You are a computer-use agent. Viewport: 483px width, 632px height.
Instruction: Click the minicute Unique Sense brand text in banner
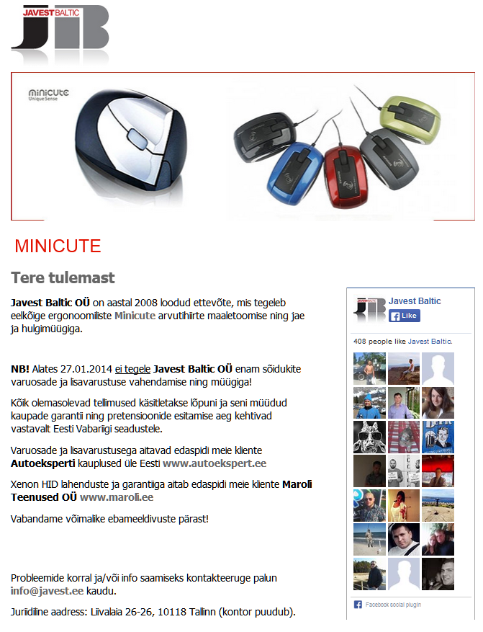pos(48,95)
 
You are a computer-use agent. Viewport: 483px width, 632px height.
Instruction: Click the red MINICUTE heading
pos(58,246)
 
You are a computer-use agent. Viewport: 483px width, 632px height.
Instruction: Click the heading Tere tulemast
pos(63,277)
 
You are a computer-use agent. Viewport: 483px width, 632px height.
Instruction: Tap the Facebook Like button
pos(405,316)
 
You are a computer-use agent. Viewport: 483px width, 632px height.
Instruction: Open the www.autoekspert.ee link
pos(215,463)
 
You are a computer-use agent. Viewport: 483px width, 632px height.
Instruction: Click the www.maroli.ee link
pos(106,497)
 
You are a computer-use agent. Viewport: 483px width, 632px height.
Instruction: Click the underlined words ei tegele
pos(132,369)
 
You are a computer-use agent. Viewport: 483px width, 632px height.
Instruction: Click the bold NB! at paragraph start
pos(20,369)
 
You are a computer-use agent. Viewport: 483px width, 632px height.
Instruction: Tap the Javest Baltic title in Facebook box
pos(415,301)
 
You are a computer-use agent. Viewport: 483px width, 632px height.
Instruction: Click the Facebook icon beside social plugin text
pos(358,605)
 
